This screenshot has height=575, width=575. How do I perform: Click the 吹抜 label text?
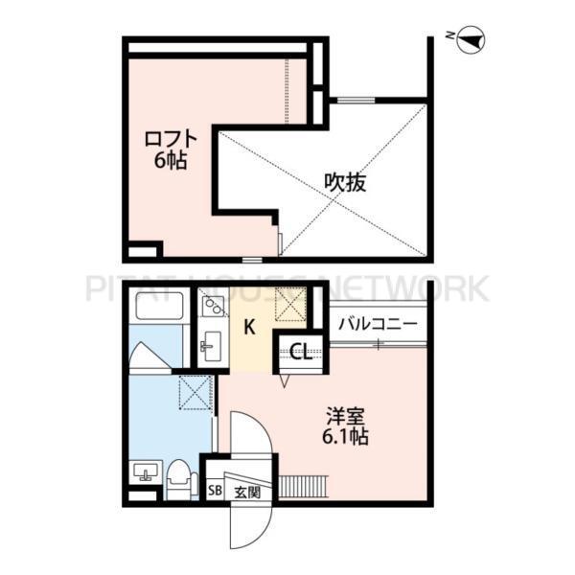[x=346, y=181]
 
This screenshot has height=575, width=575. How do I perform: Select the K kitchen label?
[x=248, y=328]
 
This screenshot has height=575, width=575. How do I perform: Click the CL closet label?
[x=298, y=352]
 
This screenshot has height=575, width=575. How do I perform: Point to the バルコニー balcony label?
[x=377, y=324]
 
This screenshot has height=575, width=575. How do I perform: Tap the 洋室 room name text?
[x=346, y=417]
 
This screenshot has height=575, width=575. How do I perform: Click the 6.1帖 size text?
[x=346, y=437]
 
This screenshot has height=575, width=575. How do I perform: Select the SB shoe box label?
[x=215, y=494]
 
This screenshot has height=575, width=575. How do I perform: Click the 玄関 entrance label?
[x=246, y=494]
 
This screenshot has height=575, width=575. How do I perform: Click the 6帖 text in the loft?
[x=170, y=160]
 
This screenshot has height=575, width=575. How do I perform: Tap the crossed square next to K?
[x=290, y=306]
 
